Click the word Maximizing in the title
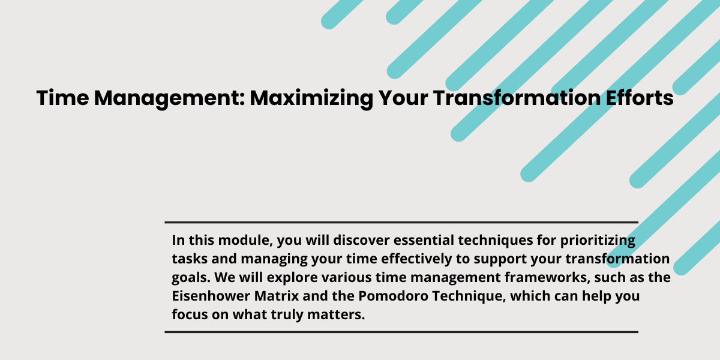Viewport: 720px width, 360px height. point(311,98)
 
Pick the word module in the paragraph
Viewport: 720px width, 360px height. point(245,241)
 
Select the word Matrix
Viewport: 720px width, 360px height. point(277,296)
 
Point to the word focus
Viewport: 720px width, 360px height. point(190,314)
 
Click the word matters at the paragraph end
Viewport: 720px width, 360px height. point(336,315)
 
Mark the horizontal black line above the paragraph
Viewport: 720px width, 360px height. point(401,222)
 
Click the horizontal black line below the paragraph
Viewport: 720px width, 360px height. point(401,332)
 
